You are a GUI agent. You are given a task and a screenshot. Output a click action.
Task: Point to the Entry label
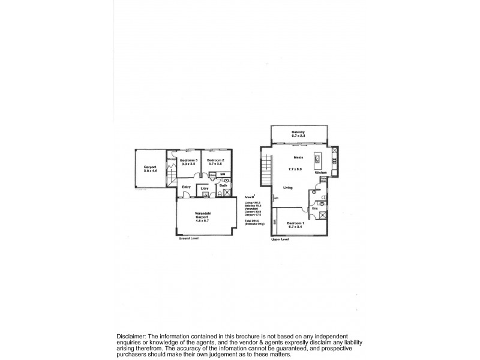(187, 187)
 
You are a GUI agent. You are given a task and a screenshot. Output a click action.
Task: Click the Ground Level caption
(188, 238)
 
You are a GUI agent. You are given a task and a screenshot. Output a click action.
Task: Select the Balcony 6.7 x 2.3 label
(298, 134)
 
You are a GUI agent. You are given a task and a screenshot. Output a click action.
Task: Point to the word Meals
(298, 158)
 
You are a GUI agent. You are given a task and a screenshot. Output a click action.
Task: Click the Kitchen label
(320, 172)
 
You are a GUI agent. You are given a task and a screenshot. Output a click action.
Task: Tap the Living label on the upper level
(289, 188)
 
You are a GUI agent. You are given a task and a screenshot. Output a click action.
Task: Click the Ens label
(314, 208)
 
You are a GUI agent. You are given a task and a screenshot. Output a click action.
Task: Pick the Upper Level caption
(280, 238)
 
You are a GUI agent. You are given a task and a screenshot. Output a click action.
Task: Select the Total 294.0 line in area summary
(253, 221)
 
